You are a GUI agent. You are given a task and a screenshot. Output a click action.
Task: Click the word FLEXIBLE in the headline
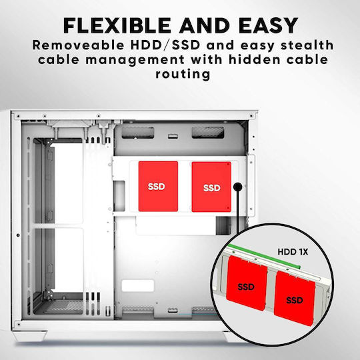(x=117, y=25)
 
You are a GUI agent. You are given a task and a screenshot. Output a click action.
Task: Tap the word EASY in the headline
(x=268, y=25)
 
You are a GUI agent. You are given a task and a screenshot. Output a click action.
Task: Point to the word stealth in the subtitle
(x=307, y=45)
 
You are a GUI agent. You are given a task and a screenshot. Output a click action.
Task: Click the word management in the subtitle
(x=135, y=60)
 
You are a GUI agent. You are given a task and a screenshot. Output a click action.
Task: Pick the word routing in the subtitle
(x=183, y=75)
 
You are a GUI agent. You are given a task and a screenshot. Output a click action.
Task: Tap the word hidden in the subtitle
(x=255, y=59)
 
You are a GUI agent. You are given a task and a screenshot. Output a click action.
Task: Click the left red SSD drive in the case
(x=158, y=186)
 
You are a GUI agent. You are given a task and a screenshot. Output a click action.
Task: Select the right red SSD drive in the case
(x=211, y=187)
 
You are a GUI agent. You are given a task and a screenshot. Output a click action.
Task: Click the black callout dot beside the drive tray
(x=237, y=187)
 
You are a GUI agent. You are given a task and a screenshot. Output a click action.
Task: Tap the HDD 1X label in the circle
(x=293, y=252)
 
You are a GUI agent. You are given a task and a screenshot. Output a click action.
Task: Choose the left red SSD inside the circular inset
(x=247, y=283)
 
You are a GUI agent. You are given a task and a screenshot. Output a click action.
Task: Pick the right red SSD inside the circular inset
(x=295, y=298)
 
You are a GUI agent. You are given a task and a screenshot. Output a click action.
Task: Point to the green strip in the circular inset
(x=264, y=255)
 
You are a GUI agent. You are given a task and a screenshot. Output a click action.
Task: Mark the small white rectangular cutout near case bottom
(x=137, y=285)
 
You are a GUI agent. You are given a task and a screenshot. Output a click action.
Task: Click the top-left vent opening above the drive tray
(x=138, y=133)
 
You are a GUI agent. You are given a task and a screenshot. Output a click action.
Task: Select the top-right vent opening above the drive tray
(x=208, y=133)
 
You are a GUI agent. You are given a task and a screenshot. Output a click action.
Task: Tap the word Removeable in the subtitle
(x=78, y=45)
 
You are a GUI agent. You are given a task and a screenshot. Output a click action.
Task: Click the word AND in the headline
(x=205, y=25)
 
